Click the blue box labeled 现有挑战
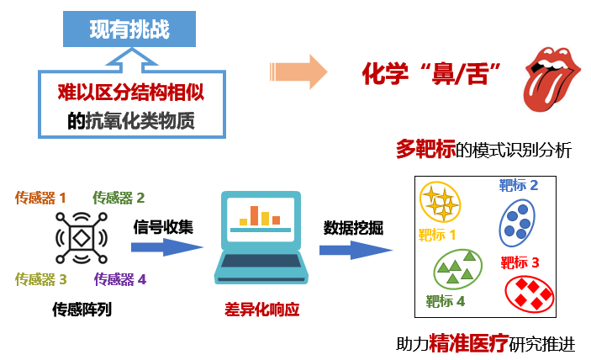[129, 29]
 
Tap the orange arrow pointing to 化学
[298, 71]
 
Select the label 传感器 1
[40, 198]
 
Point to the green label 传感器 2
[119, 198]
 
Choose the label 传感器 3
[41, 279]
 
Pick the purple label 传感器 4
[120, 279]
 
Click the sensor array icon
[82, 238]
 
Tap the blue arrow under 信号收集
[167, 247]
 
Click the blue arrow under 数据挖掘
[356, 251]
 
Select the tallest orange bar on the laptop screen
[255, 215]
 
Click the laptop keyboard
[261, 261]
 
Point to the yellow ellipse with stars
[441, 202]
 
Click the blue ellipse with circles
[517, 223]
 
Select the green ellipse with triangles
[457, 269]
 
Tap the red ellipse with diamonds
[529, 294]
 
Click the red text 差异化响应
[261, 310]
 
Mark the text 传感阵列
[82, 310]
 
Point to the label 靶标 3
[520, 262]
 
